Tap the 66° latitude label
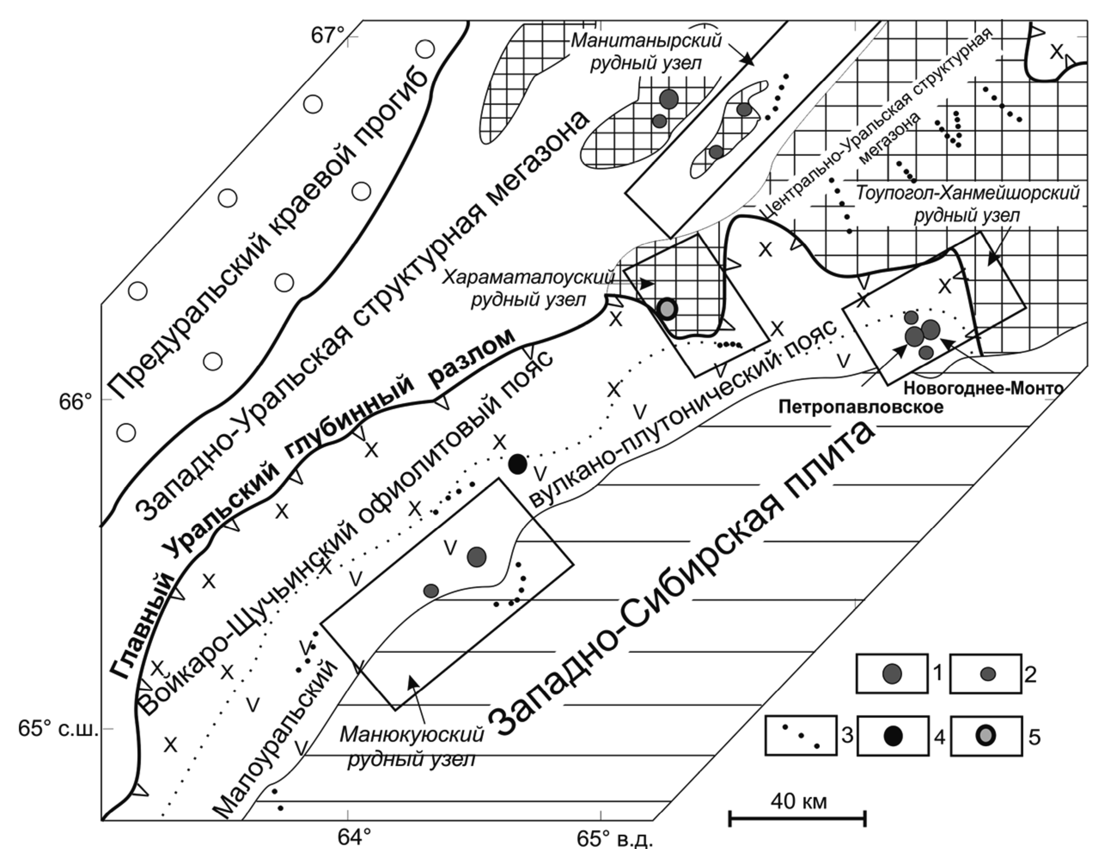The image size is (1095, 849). [x=76, y=402]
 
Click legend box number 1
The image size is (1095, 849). [x=891, y=673]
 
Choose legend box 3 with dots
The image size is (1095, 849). [x=801, y=735]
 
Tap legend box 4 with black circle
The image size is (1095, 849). [x=893, y=736]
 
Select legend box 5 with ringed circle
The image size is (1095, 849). [x=986, y=736]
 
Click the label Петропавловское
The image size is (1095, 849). [x=860, y=406]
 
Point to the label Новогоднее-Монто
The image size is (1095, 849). [x=983, y=388]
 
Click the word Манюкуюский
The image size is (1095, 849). [x=412, y=735]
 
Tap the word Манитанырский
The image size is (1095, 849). [x=646, y=40]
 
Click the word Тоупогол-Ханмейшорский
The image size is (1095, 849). [x=967, y=193]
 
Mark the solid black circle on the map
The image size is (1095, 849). [x=518, y=464]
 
